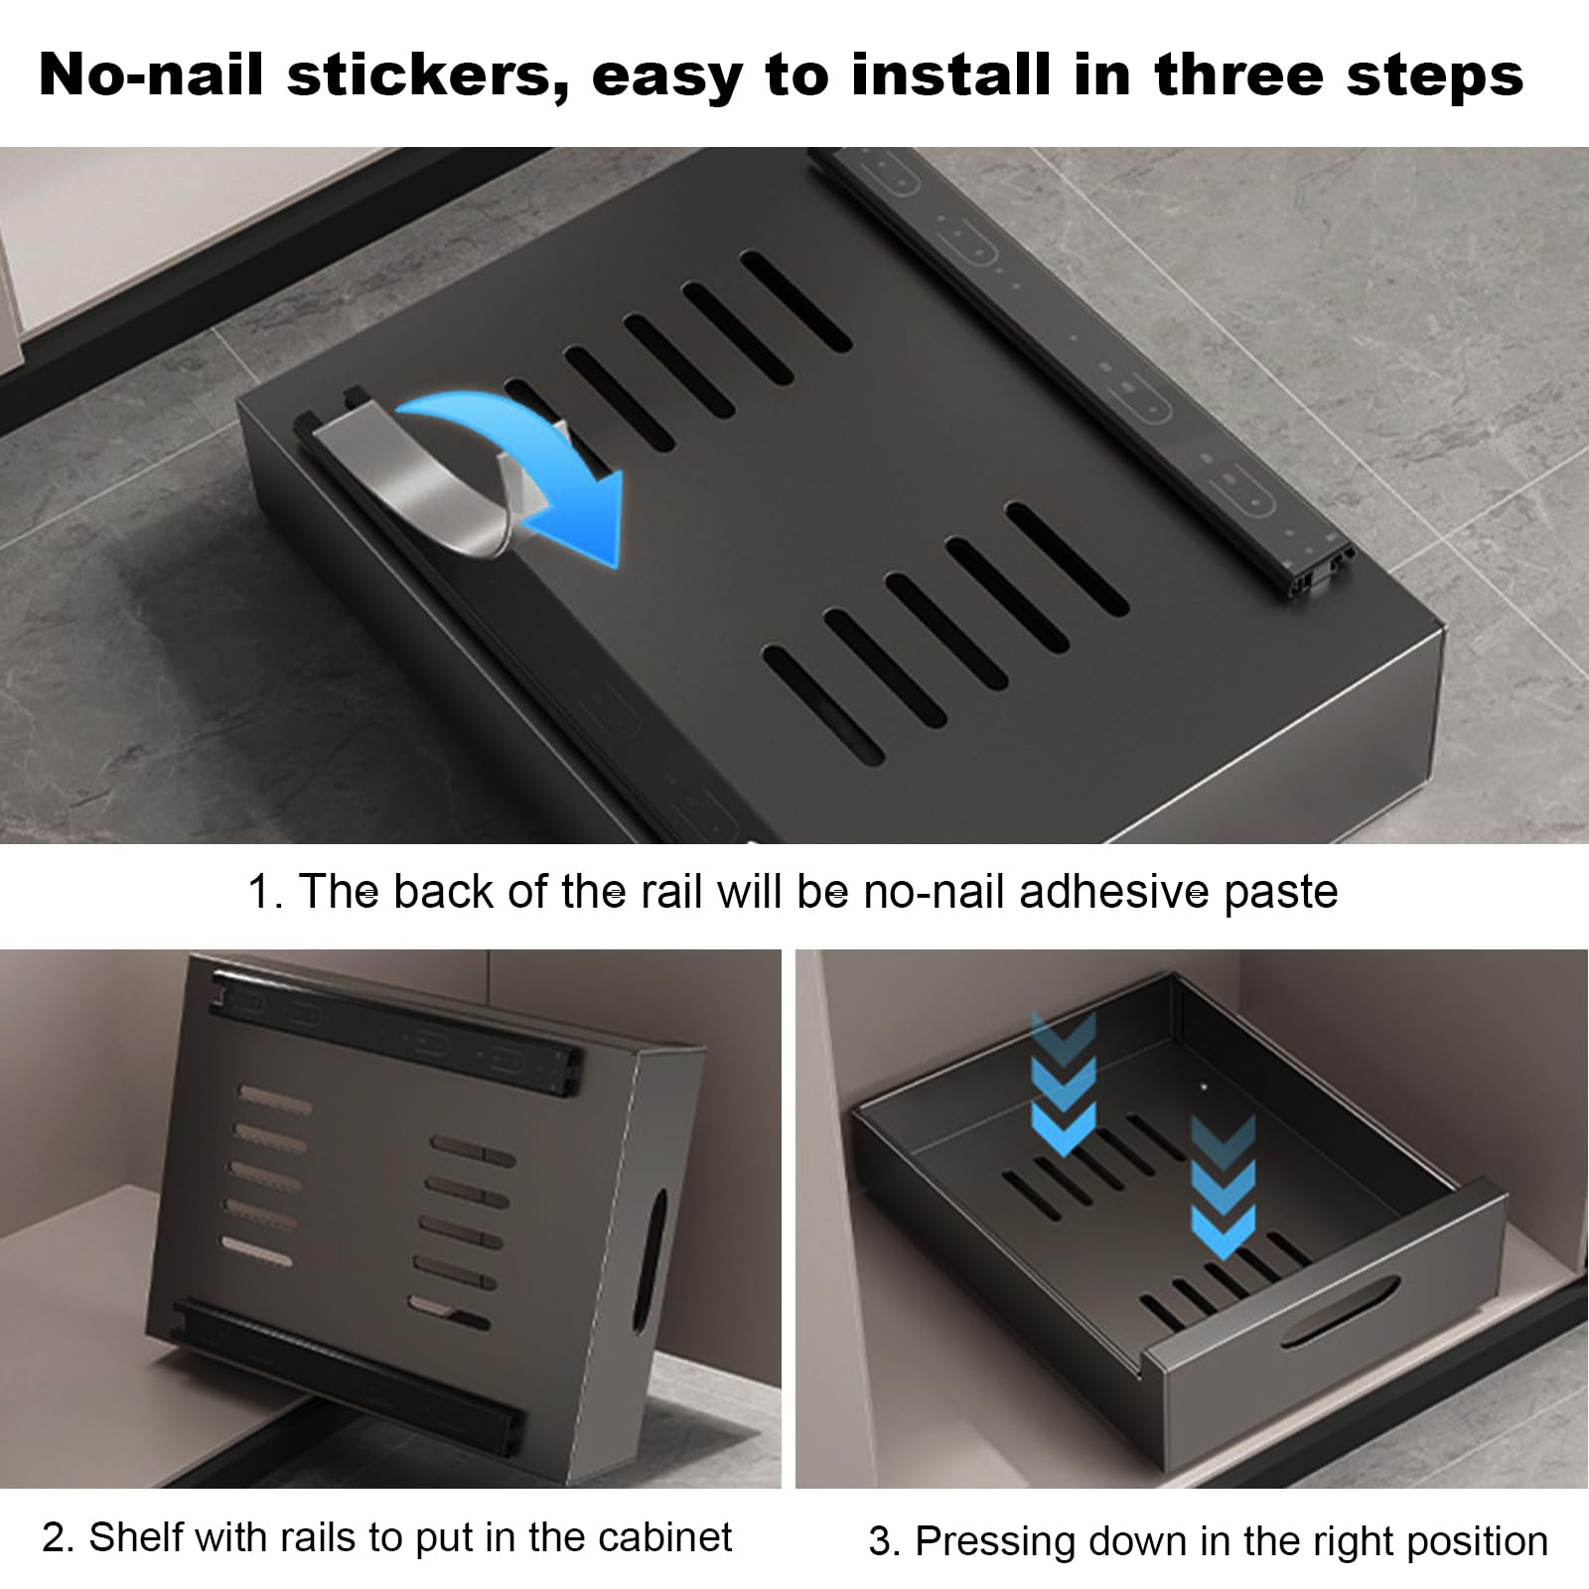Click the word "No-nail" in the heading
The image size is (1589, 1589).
pos(151,75)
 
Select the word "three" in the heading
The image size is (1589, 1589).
pos(1228,75)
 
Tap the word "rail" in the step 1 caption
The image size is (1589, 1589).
pos(672,891)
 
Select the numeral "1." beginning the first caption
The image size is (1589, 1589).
pos(266,892)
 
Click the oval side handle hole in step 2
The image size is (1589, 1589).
pos(655,1245)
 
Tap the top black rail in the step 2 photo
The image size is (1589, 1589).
pos(397,1033)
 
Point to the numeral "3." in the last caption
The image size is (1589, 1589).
pos(884,1542)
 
